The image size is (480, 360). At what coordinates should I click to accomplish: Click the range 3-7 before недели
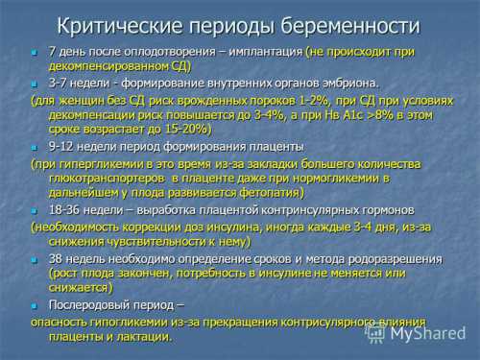point(60,83)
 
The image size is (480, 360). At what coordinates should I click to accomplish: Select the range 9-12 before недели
point(63,146)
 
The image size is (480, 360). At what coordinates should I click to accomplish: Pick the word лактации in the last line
point(145,336)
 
